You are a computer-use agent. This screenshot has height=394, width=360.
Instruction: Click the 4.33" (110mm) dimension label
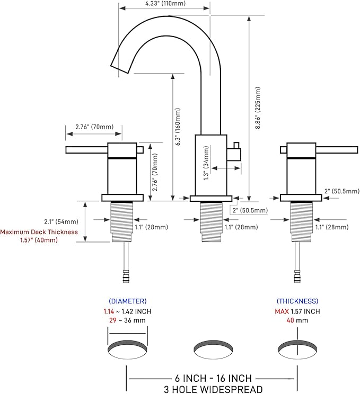pyautogui.click(x=165, y=4)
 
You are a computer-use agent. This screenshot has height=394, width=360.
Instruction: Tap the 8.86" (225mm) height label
pyautogui.click(x=258, y=108)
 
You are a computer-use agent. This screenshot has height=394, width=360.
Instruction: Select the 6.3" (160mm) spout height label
pyautogui.click(x=178, y=127)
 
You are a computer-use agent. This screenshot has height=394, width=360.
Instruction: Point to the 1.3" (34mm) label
pyautogui.click(x=206, y=163)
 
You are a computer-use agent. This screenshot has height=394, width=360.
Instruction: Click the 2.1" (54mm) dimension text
pyautogui.click(x=61, y=221)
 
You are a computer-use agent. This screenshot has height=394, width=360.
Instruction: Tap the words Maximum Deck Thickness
pyautogui.click(x=39, y=232)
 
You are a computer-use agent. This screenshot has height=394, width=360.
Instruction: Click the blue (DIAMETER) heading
pyautogui.click(x=128, y=301)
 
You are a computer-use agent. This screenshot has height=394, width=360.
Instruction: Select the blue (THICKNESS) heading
pyautogui.click(x=297, y=301)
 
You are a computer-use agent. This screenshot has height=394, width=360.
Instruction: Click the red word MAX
pyautogui.click(x=282, y=311)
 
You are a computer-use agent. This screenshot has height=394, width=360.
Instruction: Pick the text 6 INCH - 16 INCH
pyautogui.click(x=213, y=378)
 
